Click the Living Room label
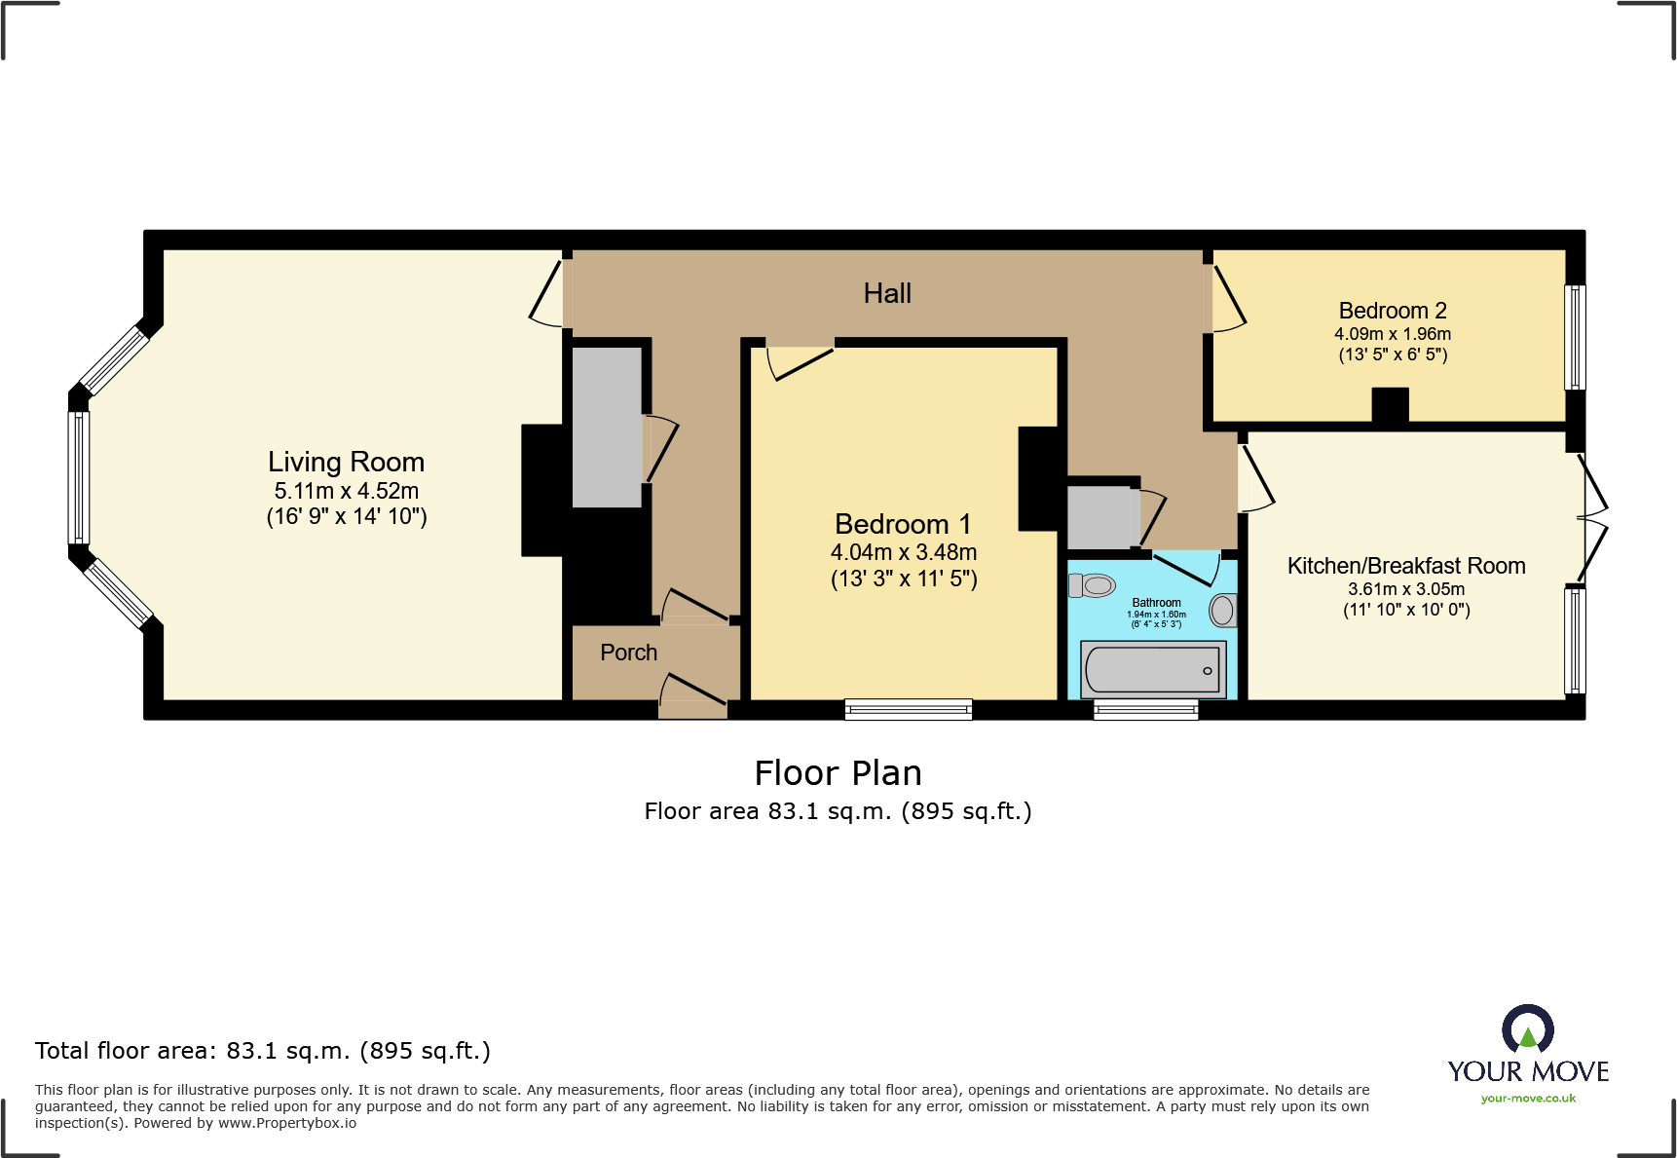[x=346, y=462]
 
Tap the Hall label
[x=887, y=293]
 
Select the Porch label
[x=628, y=653]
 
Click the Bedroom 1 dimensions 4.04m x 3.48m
[x=903, y=552]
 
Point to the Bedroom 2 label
[x=1392, y=311]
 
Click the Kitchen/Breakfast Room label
[x=1405, y=566]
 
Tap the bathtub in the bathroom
[x=1153, y=669]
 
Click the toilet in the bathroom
[x=1092, y=585]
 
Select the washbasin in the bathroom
[x=1222, y=611]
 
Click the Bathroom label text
[x=1156, y=603]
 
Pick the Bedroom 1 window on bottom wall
[x=908, y=709]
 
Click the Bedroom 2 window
[x=1575, y=337]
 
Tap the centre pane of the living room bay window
[x=78, y=477]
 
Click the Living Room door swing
[x=547, y=293]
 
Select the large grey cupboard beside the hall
[x=607, y=427]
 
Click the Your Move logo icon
[x=1527, y=1028]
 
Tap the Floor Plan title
[x=838, y=773]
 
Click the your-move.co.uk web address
[x=1527, y=1099]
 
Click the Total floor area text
[x=262, y=1051]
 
